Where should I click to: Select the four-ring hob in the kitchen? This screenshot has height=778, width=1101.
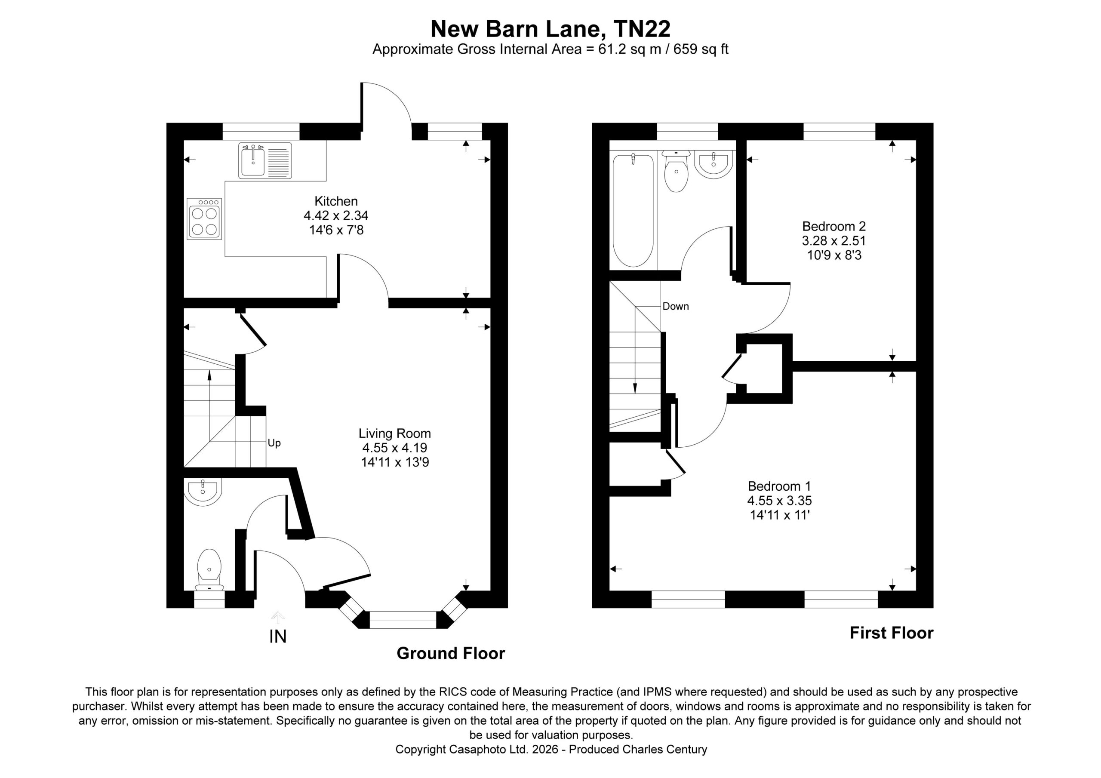[x=204, y=219]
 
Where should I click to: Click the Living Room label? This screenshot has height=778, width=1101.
[x=395, y=434]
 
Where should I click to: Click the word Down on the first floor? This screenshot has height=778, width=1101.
[x=675, y=307]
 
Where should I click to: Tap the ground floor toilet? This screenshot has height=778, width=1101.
[x=209, y=569]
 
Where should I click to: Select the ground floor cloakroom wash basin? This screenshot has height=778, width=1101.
[x=203, y=492]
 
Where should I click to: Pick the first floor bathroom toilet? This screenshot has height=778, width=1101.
[x=676, y=171]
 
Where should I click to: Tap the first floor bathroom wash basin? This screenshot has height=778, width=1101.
[x=713, y=165]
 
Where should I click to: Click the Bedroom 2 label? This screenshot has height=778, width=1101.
[x=834, y=226]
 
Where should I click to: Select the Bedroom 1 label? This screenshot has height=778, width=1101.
[x=779, y=486]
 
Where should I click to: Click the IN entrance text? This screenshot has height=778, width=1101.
[x=278, y=637]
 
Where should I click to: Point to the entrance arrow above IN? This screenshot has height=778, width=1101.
[x=278, y=618]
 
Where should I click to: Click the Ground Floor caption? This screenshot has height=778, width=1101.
[x=451, y=653]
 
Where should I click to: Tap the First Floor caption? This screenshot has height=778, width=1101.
[x=892, y=633]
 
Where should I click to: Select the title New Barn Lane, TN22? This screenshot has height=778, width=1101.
[x=550, y=29]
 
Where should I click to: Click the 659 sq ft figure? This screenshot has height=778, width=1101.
[x=701, y=49]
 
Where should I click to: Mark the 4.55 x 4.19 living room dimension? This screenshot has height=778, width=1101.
[x=395, y=448]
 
